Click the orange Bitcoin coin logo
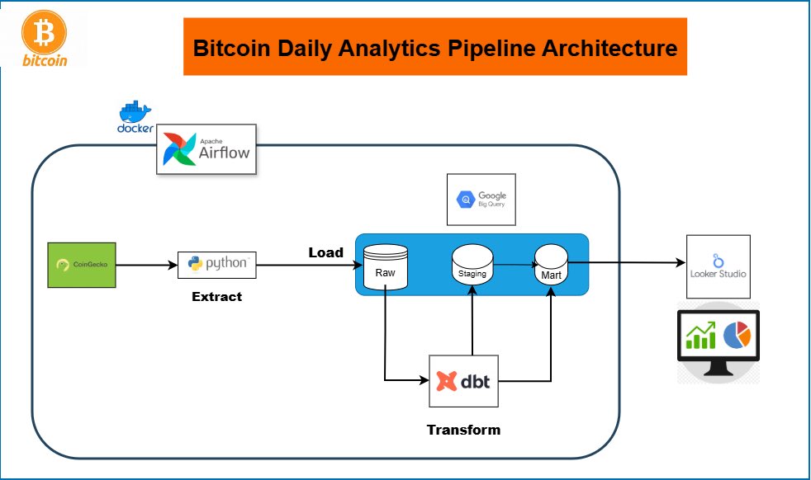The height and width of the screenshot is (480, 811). point(43,33)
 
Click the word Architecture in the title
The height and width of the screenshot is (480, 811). point(609,48)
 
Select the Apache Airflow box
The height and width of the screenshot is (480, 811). point(206,148)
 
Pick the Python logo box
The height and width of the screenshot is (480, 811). point(217,264)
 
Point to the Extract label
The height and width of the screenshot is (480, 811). point(217,296)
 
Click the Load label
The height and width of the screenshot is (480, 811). point(325,252)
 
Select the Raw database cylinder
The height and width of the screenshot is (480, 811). point(386,266)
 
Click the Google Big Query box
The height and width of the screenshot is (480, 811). point(481,199)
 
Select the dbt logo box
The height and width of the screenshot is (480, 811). point(464,381)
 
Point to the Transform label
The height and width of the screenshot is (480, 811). point(463,430)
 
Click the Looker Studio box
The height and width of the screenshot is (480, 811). point(719,266)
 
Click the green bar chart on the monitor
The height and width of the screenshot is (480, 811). point(700,336)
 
